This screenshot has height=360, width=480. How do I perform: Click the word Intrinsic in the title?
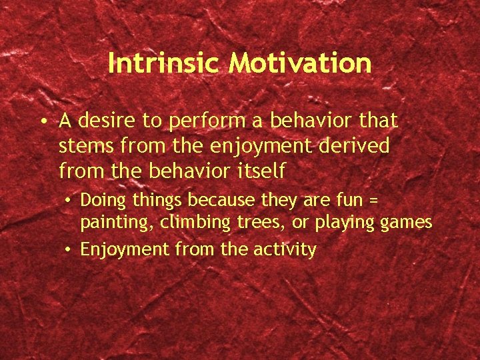pyautogui.click(x=164, y=63)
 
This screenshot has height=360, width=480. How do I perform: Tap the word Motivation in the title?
pyautogui.click(x=299, y=63)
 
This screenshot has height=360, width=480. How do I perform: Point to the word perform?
pyautogui.click(x=196, y=121)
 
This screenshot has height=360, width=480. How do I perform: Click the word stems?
pyautogui.click(x=83, y=146)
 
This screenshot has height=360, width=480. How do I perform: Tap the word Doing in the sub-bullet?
pyautogui.click(x=100, y=200)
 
